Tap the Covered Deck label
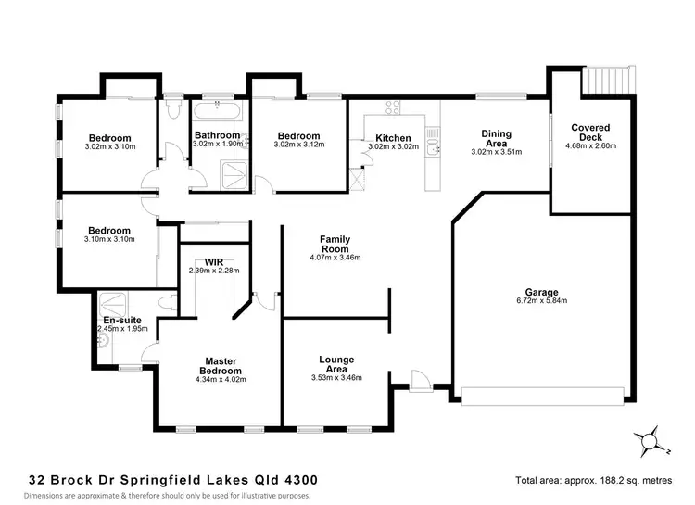click(589, 133)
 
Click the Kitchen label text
click(389, 138)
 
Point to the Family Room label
click(335, 245)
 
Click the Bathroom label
click(217, 134)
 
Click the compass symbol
click(649, 439)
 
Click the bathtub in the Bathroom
click(219, 112)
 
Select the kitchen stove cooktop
click(391, 106)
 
